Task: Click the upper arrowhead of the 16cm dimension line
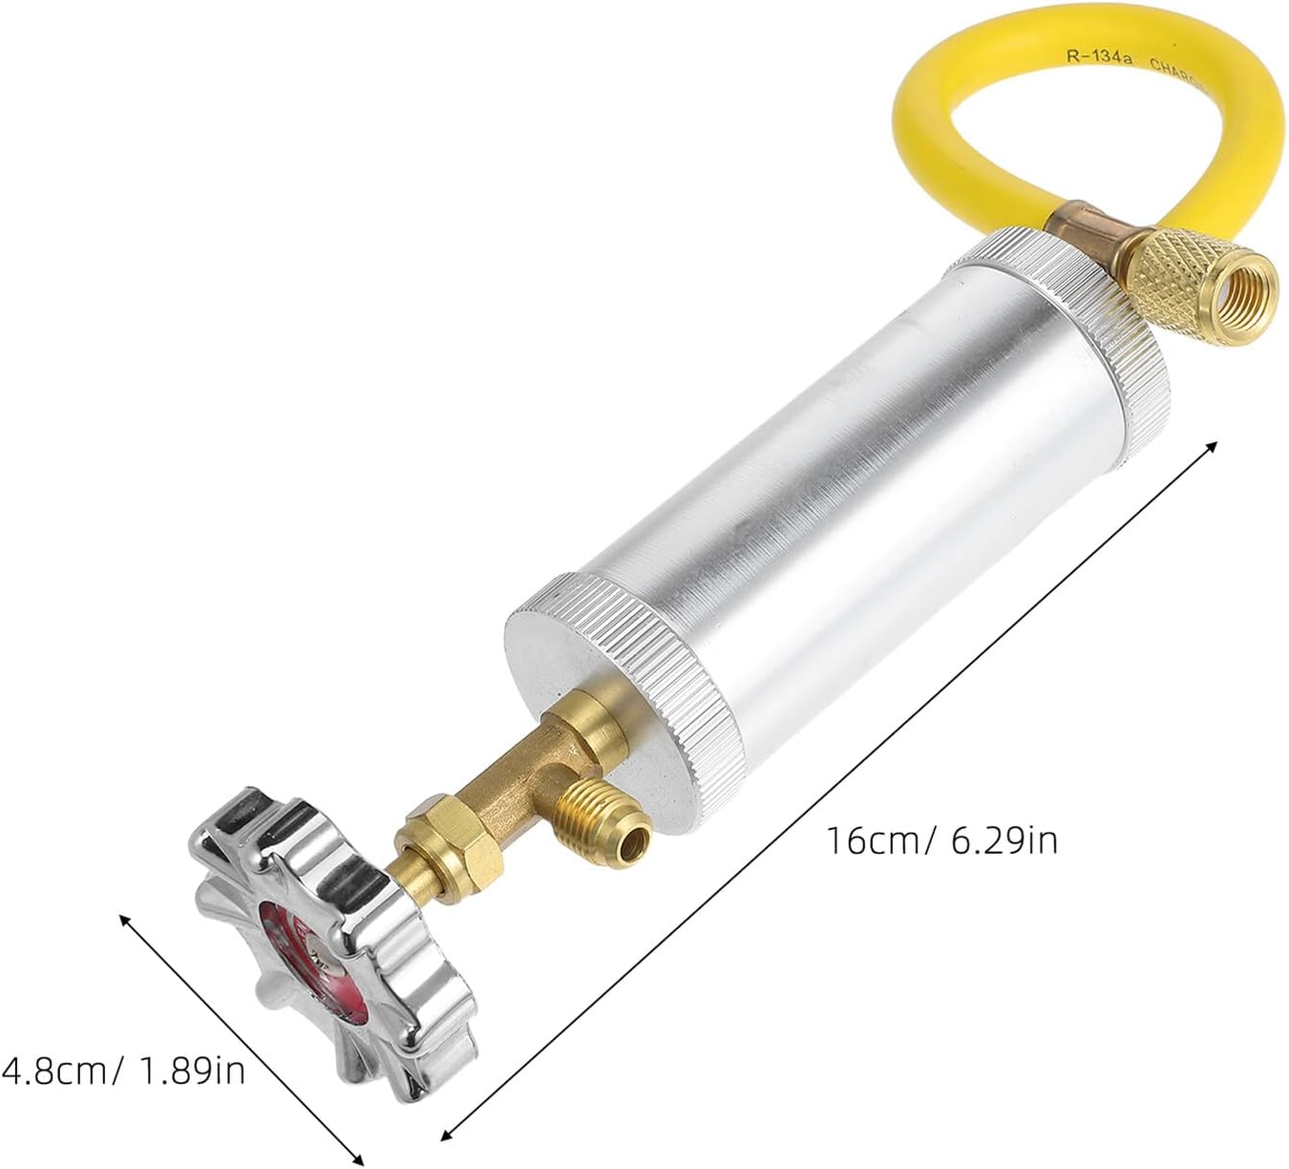(x=1214, y=446)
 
